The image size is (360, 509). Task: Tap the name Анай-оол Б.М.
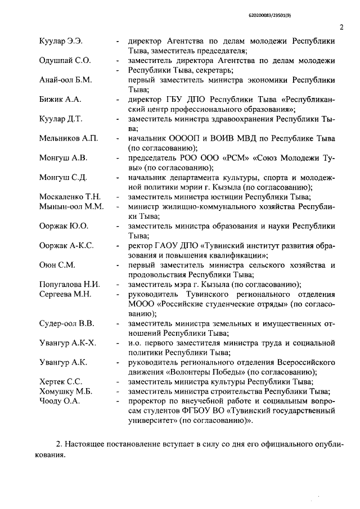tap(66, 79)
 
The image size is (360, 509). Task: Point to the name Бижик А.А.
tap(60, 99)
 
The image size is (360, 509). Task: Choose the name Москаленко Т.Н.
tap(70, 196)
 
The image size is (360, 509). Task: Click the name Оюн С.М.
tap(57, 264)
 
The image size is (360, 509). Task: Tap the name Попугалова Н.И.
tap(70, 284)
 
